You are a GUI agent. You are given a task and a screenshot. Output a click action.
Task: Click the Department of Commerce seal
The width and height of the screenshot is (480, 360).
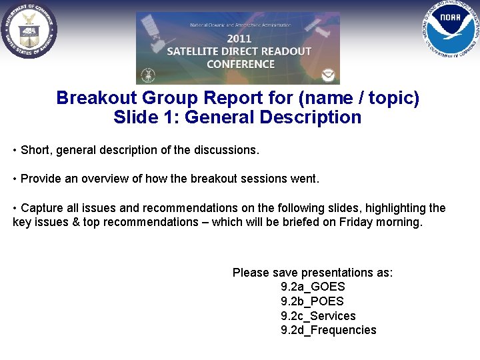point(29,30)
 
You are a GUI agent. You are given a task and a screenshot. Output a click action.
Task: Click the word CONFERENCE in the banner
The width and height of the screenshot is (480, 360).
point(240,64)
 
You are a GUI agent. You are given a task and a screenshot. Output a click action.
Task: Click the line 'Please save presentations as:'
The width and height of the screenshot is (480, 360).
point(313,273)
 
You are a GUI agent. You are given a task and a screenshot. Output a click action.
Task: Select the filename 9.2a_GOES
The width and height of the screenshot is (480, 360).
point(313,287)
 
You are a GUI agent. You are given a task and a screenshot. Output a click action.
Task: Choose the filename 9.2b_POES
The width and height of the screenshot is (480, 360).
point(312,301)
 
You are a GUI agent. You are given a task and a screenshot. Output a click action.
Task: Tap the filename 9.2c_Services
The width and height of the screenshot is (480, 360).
point(318,316)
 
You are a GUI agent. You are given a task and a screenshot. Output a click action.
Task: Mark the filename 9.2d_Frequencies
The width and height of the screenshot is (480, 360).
point(328,330)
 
